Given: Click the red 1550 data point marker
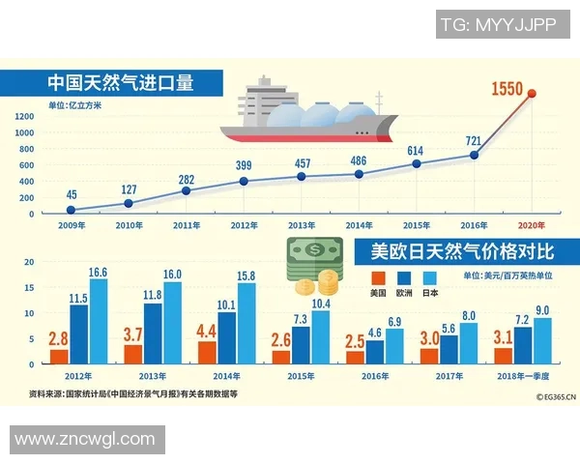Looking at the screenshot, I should [532, 94].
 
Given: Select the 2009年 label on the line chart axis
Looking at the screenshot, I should [71, 224].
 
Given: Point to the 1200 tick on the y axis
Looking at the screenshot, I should [24, 116].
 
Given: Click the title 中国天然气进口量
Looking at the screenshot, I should [121, 82].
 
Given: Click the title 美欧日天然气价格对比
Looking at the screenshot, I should [462, 252].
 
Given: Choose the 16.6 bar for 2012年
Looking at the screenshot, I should [98, 328].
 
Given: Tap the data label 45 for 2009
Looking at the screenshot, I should [72, 195].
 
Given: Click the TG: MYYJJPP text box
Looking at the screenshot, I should [499, 24].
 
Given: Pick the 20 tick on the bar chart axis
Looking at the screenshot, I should [29, 261].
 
